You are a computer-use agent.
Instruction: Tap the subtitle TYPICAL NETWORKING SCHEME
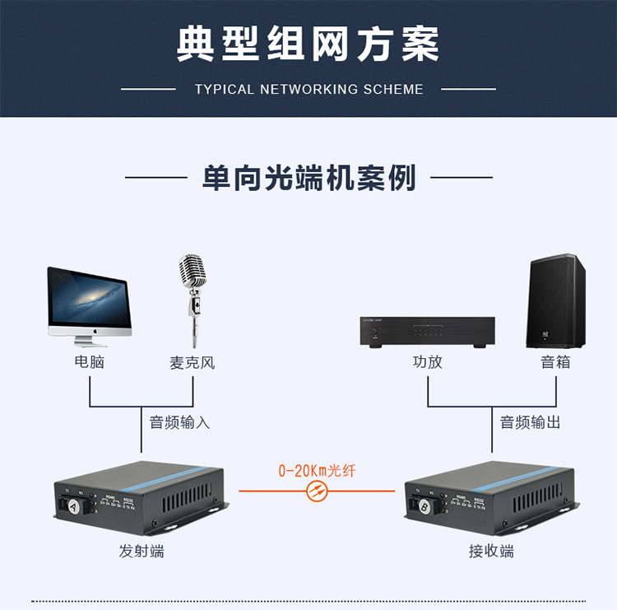click(308, 89)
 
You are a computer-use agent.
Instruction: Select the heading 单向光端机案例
click(308, 177)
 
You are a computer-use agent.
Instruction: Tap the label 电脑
click(90, 362)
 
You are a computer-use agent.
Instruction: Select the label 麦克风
click(193, 362)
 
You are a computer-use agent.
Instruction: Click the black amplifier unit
click(427, 331)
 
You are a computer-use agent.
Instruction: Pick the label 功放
click(427, 362)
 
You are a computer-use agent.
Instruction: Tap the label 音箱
click(555, 362)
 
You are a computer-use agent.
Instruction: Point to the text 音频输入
click(179, 423)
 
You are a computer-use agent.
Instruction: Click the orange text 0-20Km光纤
click(317, 472)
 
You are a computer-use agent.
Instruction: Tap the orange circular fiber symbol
click(317, 491)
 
